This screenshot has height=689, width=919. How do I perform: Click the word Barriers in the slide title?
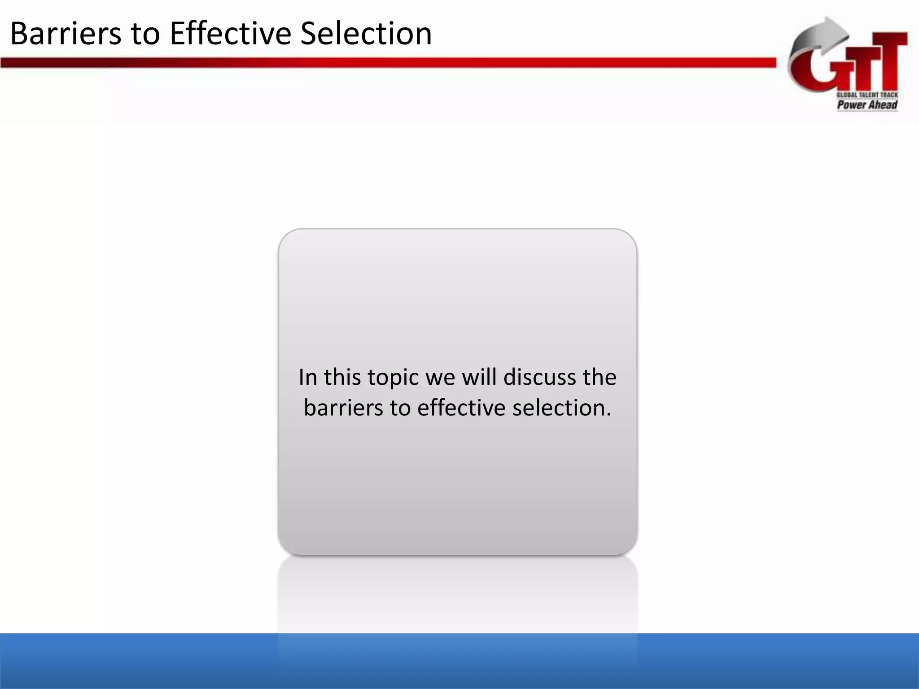66,34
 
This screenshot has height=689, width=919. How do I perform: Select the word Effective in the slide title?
230,34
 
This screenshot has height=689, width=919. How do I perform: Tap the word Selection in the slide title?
366,34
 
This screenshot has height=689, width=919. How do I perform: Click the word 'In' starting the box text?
308,377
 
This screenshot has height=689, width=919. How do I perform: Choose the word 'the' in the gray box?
600,377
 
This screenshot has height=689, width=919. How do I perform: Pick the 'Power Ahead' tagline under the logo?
867,105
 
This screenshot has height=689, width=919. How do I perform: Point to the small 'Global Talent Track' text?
867,95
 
